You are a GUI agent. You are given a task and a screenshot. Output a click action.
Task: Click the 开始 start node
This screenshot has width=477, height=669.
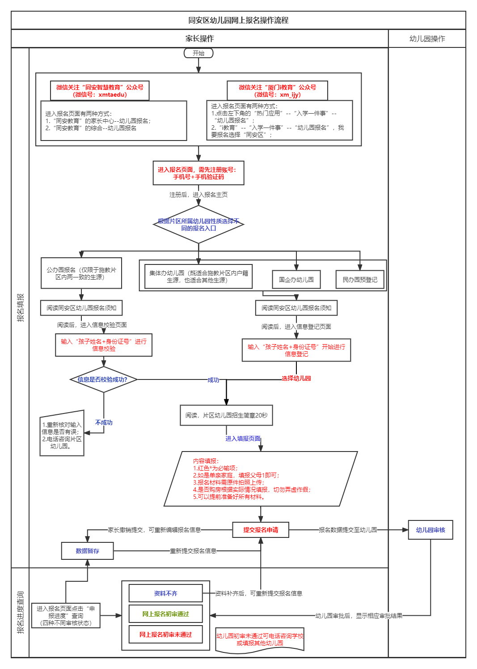click(x=198, y=53)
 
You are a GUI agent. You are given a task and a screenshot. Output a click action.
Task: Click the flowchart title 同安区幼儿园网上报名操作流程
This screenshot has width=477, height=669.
click(x=238, y=20)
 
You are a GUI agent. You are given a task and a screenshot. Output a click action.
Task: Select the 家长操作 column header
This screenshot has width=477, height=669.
click(x=199, y=38)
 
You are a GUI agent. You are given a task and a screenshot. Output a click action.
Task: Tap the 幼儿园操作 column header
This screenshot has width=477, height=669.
click(x=427, y=38)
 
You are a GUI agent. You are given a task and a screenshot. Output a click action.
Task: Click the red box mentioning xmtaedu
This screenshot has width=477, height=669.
click(x=100, y=91)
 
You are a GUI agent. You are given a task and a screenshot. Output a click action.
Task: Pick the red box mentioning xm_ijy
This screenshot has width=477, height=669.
click(x=277, y=91)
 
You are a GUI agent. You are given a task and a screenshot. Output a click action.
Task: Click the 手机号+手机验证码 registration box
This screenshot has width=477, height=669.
click(x=198, y=173)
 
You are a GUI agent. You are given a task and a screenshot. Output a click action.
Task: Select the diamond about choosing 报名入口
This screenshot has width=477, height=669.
click(x=198, y=225)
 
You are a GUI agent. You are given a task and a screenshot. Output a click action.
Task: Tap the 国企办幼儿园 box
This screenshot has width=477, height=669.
click(x=296, y=280)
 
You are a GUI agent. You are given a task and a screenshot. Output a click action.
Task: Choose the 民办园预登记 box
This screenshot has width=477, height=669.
click(x=360, y=280)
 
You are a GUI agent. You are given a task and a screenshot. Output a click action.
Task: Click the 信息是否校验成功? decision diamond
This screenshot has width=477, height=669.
click(x=103, y=379)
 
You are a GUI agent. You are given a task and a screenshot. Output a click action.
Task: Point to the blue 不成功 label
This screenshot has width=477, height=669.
click(x=104, y=422)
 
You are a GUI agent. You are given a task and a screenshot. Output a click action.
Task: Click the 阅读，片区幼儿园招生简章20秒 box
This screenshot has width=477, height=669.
click(x=226, y=415)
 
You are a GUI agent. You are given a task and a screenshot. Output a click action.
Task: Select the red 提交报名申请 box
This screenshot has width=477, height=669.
click(x=261, y=530)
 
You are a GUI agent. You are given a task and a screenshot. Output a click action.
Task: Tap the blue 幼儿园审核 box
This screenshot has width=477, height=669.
click(x=431, y=530)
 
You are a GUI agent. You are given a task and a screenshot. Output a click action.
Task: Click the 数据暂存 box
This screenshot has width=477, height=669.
click(x=88, y=551)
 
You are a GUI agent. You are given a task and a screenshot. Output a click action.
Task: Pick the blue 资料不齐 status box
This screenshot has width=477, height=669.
click(x=165, y=593)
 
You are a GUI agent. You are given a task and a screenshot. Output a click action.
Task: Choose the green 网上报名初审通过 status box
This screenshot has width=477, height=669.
click(x=165, y=614)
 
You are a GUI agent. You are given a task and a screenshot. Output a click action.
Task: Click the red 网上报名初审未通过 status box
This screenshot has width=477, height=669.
click(x=165, y=635)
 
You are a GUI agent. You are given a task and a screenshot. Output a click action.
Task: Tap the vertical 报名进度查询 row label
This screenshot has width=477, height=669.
click(x=20, y=612)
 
